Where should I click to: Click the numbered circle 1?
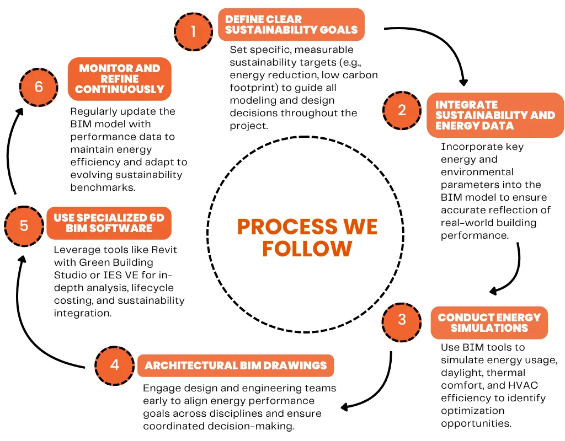(x=194, y=31)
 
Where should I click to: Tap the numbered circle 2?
(x=402, y=110)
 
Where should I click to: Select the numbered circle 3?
(x=402, y=320)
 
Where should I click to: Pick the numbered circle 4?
(x=114, y=365)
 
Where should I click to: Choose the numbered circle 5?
(x=24, y=225)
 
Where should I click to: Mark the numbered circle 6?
(x=39, y=87)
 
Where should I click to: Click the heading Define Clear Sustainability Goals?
(x=291, y=24)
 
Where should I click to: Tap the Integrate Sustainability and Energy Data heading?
(x=495, y=115)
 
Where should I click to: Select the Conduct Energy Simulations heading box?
(x=489, y=322)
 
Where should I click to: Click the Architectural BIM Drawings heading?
(x=236, y=365)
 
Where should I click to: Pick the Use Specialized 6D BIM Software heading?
(x=109, y=223)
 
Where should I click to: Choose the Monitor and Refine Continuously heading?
(x=120, y=79)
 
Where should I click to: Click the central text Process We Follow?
(x=307, y=238)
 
